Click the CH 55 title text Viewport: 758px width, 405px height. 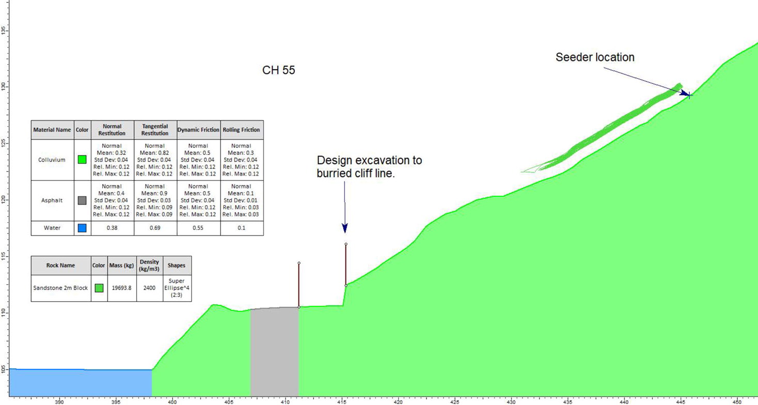[x=278, y=70]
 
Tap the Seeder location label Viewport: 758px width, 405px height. [x=595, y=57]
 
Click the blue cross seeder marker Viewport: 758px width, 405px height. [x=689, y=96]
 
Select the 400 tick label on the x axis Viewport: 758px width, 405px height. [x=172, y=402]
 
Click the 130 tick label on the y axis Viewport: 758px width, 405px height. [x=4, y=86]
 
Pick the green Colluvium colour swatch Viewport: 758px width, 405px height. [x=82, y=160]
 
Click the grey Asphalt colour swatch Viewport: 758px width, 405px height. [x=82, y=200]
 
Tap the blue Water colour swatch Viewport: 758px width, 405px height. [x=82, y=228]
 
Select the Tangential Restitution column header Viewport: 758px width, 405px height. [x=155, y=130]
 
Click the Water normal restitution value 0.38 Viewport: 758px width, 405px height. [x=112, y=228]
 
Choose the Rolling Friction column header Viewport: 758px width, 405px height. [x=241, y=130]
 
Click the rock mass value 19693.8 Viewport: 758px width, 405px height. [x=121, y=288]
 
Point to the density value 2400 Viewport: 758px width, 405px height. [x=149, y=288]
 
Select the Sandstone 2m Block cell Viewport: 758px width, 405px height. [x=60, y=288]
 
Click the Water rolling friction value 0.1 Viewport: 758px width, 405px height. [x=241, y=228]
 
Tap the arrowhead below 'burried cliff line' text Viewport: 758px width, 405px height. [x=345, y=228]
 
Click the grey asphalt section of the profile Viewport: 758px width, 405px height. [x=275, y=352]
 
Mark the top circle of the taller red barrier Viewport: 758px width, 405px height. [x=346, y=244]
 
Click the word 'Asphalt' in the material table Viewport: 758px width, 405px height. [x=52, y=200]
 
